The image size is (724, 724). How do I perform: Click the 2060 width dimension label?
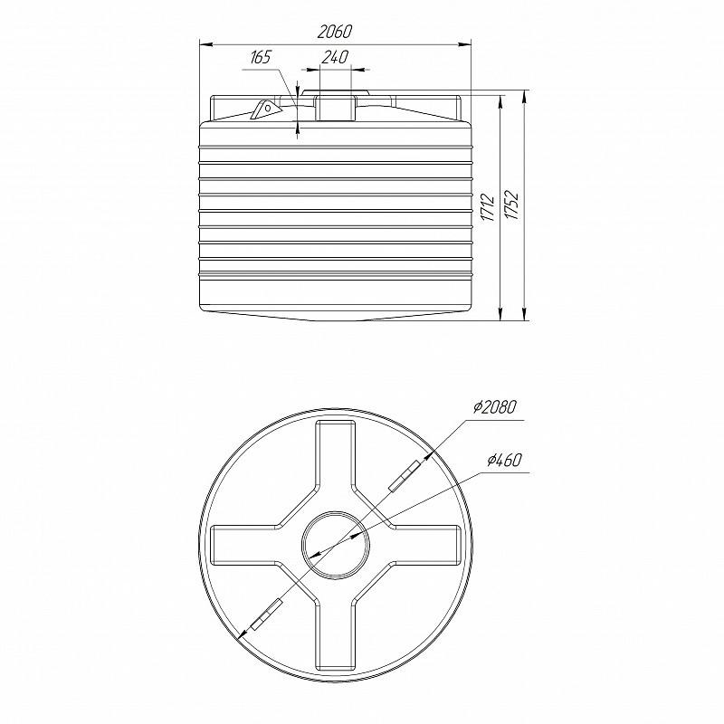click(335, 32)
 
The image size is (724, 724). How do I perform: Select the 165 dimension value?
click(261, 58)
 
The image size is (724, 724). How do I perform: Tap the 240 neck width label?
click(335, 57)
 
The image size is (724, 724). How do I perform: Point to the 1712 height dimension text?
click(488, 208)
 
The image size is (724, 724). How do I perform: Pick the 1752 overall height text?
click(512, 205)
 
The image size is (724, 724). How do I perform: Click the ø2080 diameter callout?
click(495, 406)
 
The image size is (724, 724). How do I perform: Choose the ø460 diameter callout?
click(505, 460)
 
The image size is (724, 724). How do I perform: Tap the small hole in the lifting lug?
click(267, 108)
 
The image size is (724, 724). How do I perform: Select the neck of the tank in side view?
click(336, 108)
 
